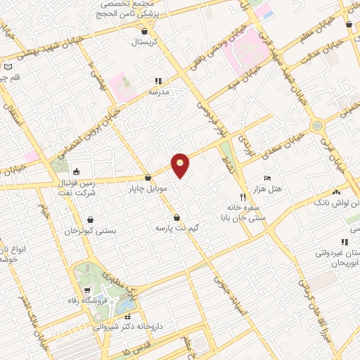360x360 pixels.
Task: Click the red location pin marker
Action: click(x=181, y=165)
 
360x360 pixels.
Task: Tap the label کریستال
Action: click(x=144, y=42)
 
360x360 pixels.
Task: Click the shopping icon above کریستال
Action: click(x=144, y=31)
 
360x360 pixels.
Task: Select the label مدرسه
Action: click(x=159, y=91)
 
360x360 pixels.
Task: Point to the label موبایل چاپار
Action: click(x=147, y=189)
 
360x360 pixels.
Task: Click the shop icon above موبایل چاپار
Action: click(x=148, y=179)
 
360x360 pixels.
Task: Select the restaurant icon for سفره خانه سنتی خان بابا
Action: click(x=243, y=198)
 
